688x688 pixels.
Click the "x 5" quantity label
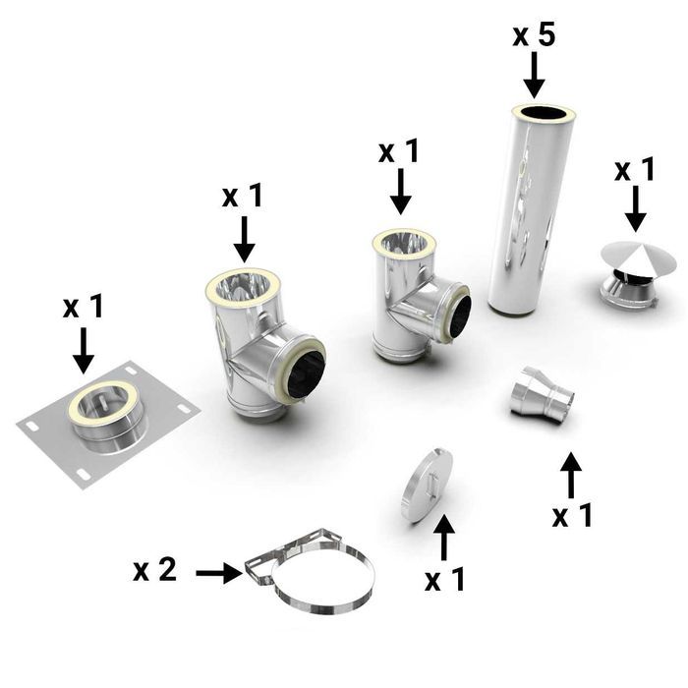(534, 35)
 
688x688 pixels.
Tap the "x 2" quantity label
(155, 569)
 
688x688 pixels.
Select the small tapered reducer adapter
(540, 393)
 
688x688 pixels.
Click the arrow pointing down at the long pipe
(534, 75)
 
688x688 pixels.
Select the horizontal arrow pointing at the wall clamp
(218, 572)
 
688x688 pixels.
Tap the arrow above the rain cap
(635, 208)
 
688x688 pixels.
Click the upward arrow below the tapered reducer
(570, 478)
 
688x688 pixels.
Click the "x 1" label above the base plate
(84, 307)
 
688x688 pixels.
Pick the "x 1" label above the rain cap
(635, 170)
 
